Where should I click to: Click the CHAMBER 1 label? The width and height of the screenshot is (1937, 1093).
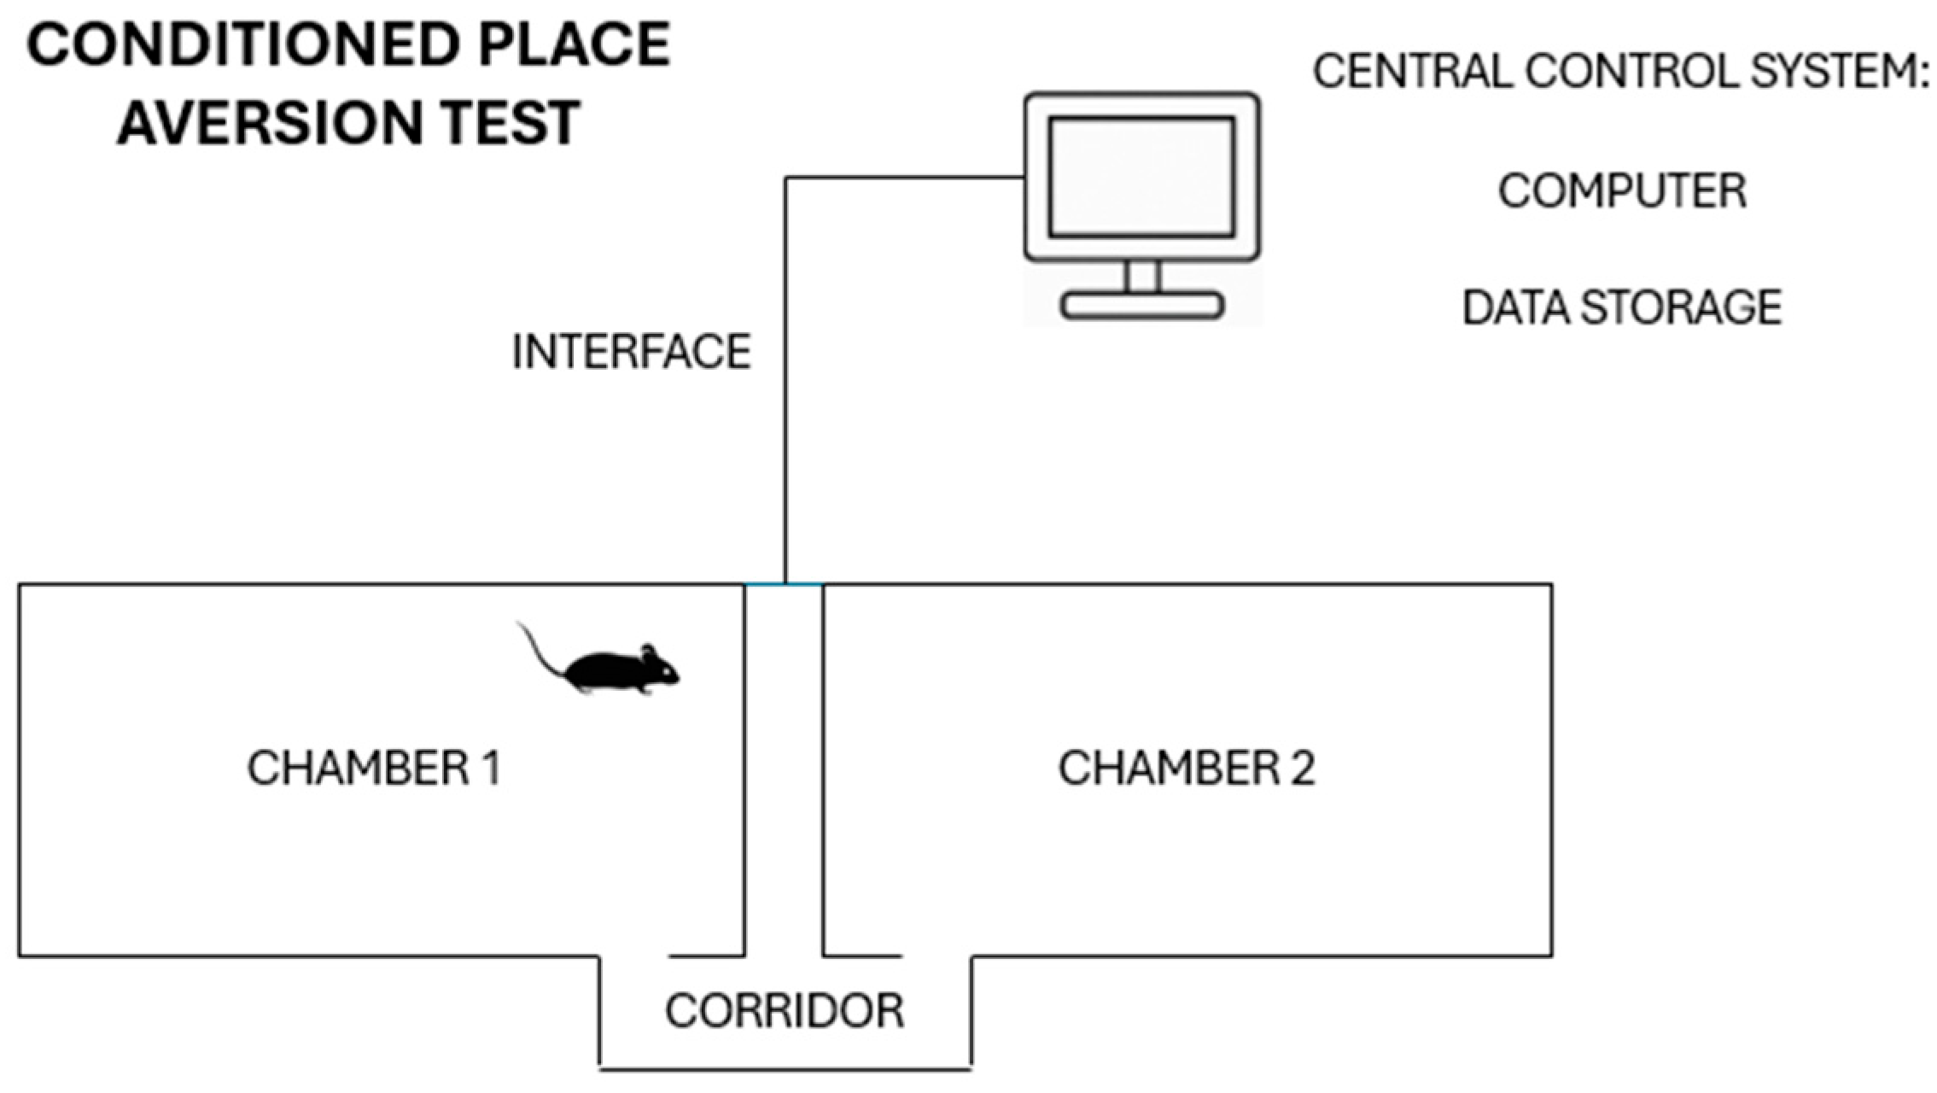[x=374, y=768]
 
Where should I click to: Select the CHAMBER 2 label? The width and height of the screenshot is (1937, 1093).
[x=1186, y=768]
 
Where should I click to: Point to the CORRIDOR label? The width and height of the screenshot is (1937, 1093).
[x=785, y=1011]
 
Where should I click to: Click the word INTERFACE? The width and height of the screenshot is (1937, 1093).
[x=631, y=352]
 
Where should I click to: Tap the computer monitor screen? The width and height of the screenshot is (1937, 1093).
[x=1141, y=177]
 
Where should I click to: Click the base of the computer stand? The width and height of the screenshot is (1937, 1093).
[x=1141, y=306]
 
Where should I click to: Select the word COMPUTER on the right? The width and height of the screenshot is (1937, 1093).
[x=1622, y=190]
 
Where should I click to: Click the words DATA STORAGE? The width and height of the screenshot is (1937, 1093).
[x=1622, y=307]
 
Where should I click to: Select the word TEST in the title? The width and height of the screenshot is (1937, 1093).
[x=516, y=122]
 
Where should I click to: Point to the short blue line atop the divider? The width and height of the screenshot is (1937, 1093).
[x=784, y=585]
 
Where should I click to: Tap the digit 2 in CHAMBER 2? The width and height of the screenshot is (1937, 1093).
[x=1302, y=768]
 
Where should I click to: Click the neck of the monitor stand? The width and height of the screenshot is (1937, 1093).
[x=1141, y=276]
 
